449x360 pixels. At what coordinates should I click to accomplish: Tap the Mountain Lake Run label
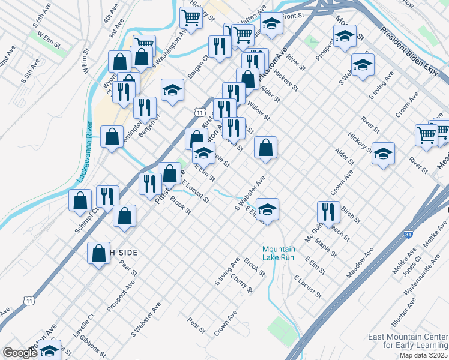279,253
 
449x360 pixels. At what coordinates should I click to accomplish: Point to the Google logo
20,353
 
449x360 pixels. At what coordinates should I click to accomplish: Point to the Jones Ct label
411,269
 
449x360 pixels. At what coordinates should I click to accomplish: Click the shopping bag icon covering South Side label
98,253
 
